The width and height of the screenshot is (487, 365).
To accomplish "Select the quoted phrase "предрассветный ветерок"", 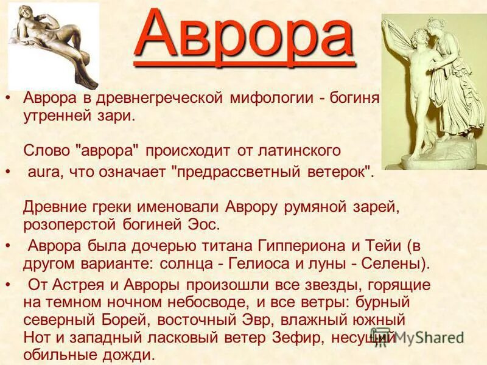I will click(273, 172).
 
